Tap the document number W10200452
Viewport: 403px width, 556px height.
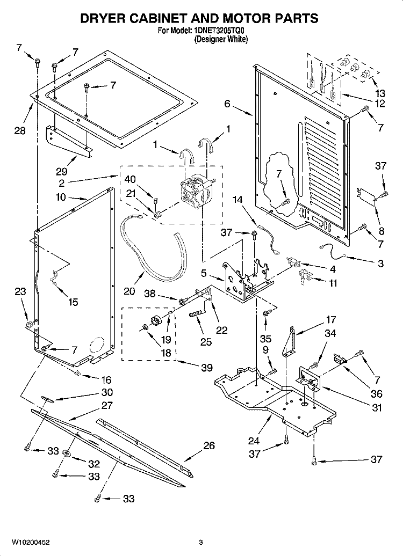point(31,543)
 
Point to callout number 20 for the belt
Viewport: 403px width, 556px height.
point(129,291)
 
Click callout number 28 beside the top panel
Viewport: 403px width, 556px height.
point(20,130)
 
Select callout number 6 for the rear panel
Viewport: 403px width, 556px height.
point(227,104)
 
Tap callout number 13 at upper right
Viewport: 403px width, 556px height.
point(380,93)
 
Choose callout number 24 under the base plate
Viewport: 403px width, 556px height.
point(254,441)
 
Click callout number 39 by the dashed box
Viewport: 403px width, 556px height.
point(206,368)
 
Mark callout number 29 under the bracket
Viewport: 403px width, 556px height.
point(61,172)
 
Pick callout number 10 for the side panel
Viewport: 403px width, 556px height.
point(61,197)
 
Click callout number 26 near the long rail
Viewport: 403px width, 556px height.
point(209,445)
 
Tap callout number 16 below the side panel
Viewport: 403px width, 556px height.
point(106,380)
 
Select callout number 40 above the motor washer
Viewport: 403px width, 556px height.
point(130,179)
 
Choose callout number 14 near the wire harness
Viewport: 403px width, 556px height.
point(238,200)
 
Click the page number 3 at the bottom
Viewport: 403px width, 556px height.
point(200,543)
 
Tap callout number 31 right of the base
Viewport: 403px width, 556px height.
point(376,407)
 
